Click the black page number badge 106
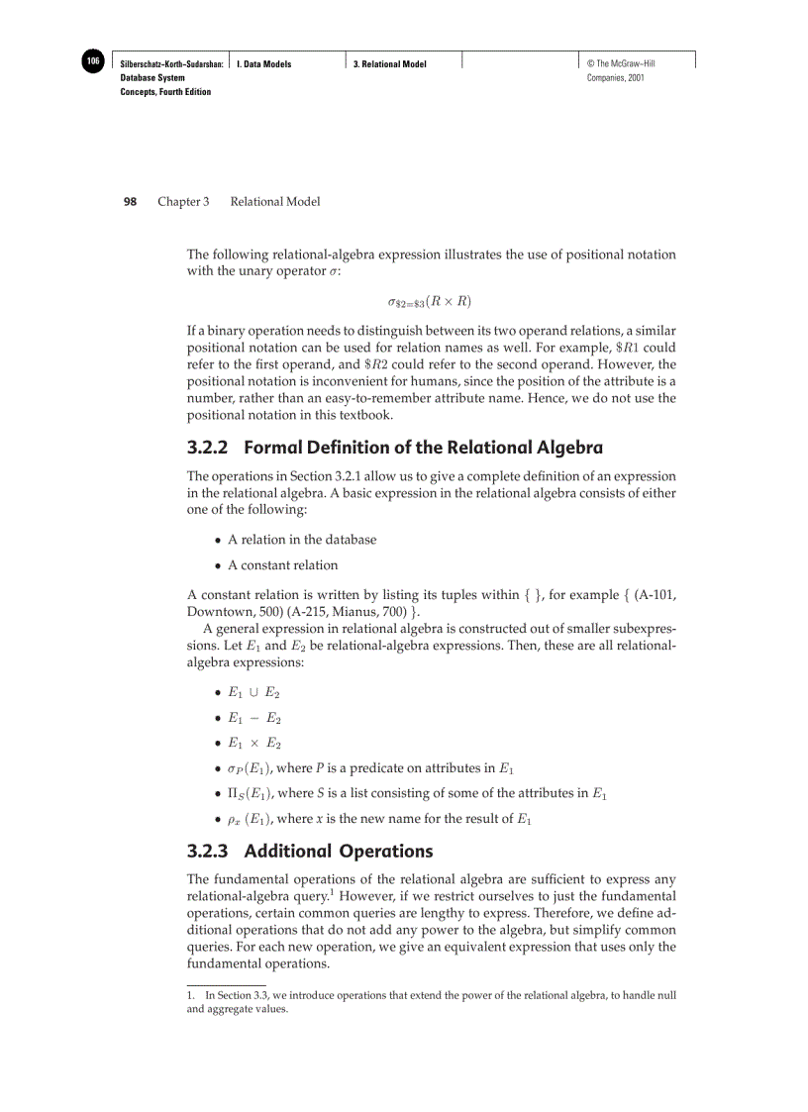click(92, 61)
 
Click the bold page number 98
click(130, 202)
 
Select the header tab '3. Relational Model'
click(390, 64)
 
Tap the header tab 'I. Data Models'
click(263, 64)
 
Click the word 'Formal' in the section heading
click(273, 448)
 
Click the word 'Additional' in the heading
click(287, 851)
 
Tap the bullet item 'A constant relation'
click(282, 565)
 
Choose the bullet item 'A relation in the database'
click(302, 540)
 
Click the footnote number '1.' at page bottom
click(191, 995)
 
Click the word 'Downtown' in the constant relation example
click(217, 613)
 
